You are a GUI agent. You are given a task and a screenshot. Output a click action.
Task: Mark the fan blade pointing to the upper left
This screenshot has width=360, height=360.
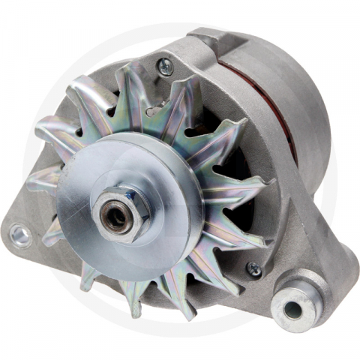pyautogui.click(x=75, y=105)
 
